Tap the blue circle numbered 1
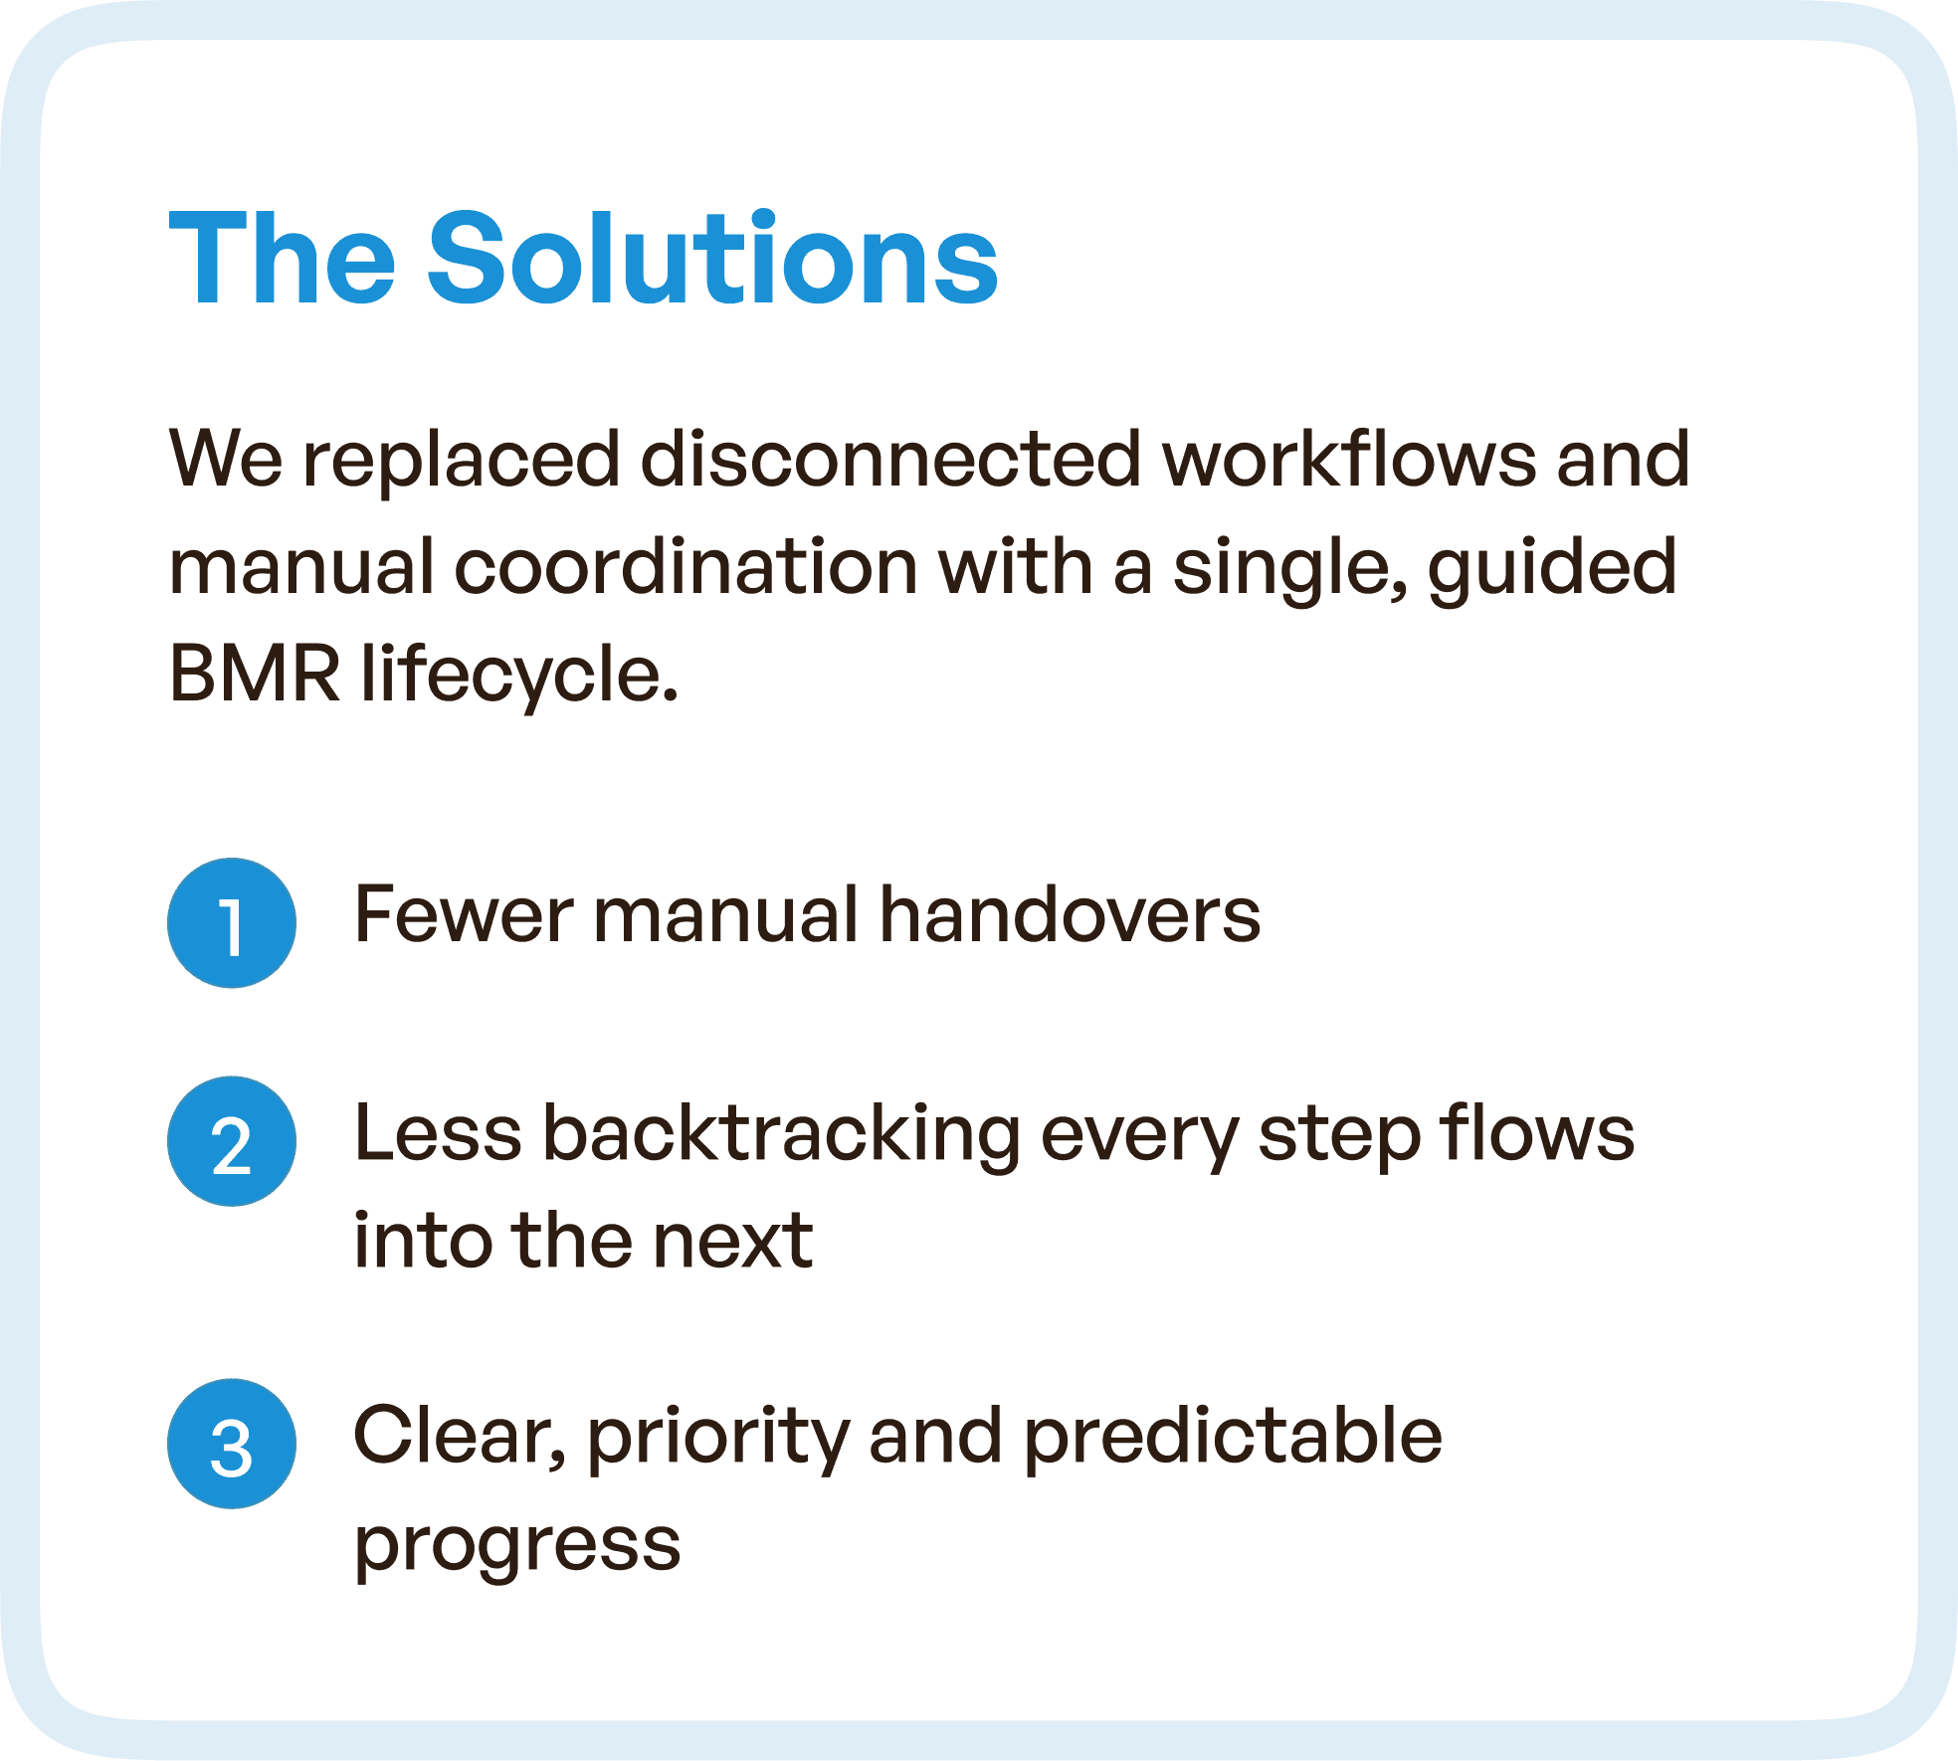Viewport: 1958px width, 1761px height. pos(232,923)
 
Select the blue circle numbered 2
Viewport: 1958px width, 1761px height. pos(232,1141)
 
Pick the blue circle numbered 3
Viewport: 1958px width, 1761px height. pos(232,1444)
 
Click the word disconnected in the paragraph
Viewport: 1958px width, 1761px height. pos(890,460)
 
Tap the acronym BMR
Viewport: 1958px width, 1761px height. pos(255,674)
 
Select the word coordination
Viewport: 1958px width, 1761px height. pos(685,567)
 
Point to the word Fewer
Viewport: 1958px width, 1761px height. pos(464,915)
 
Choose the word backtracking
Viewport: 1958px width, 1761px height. pos(781,1135)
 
